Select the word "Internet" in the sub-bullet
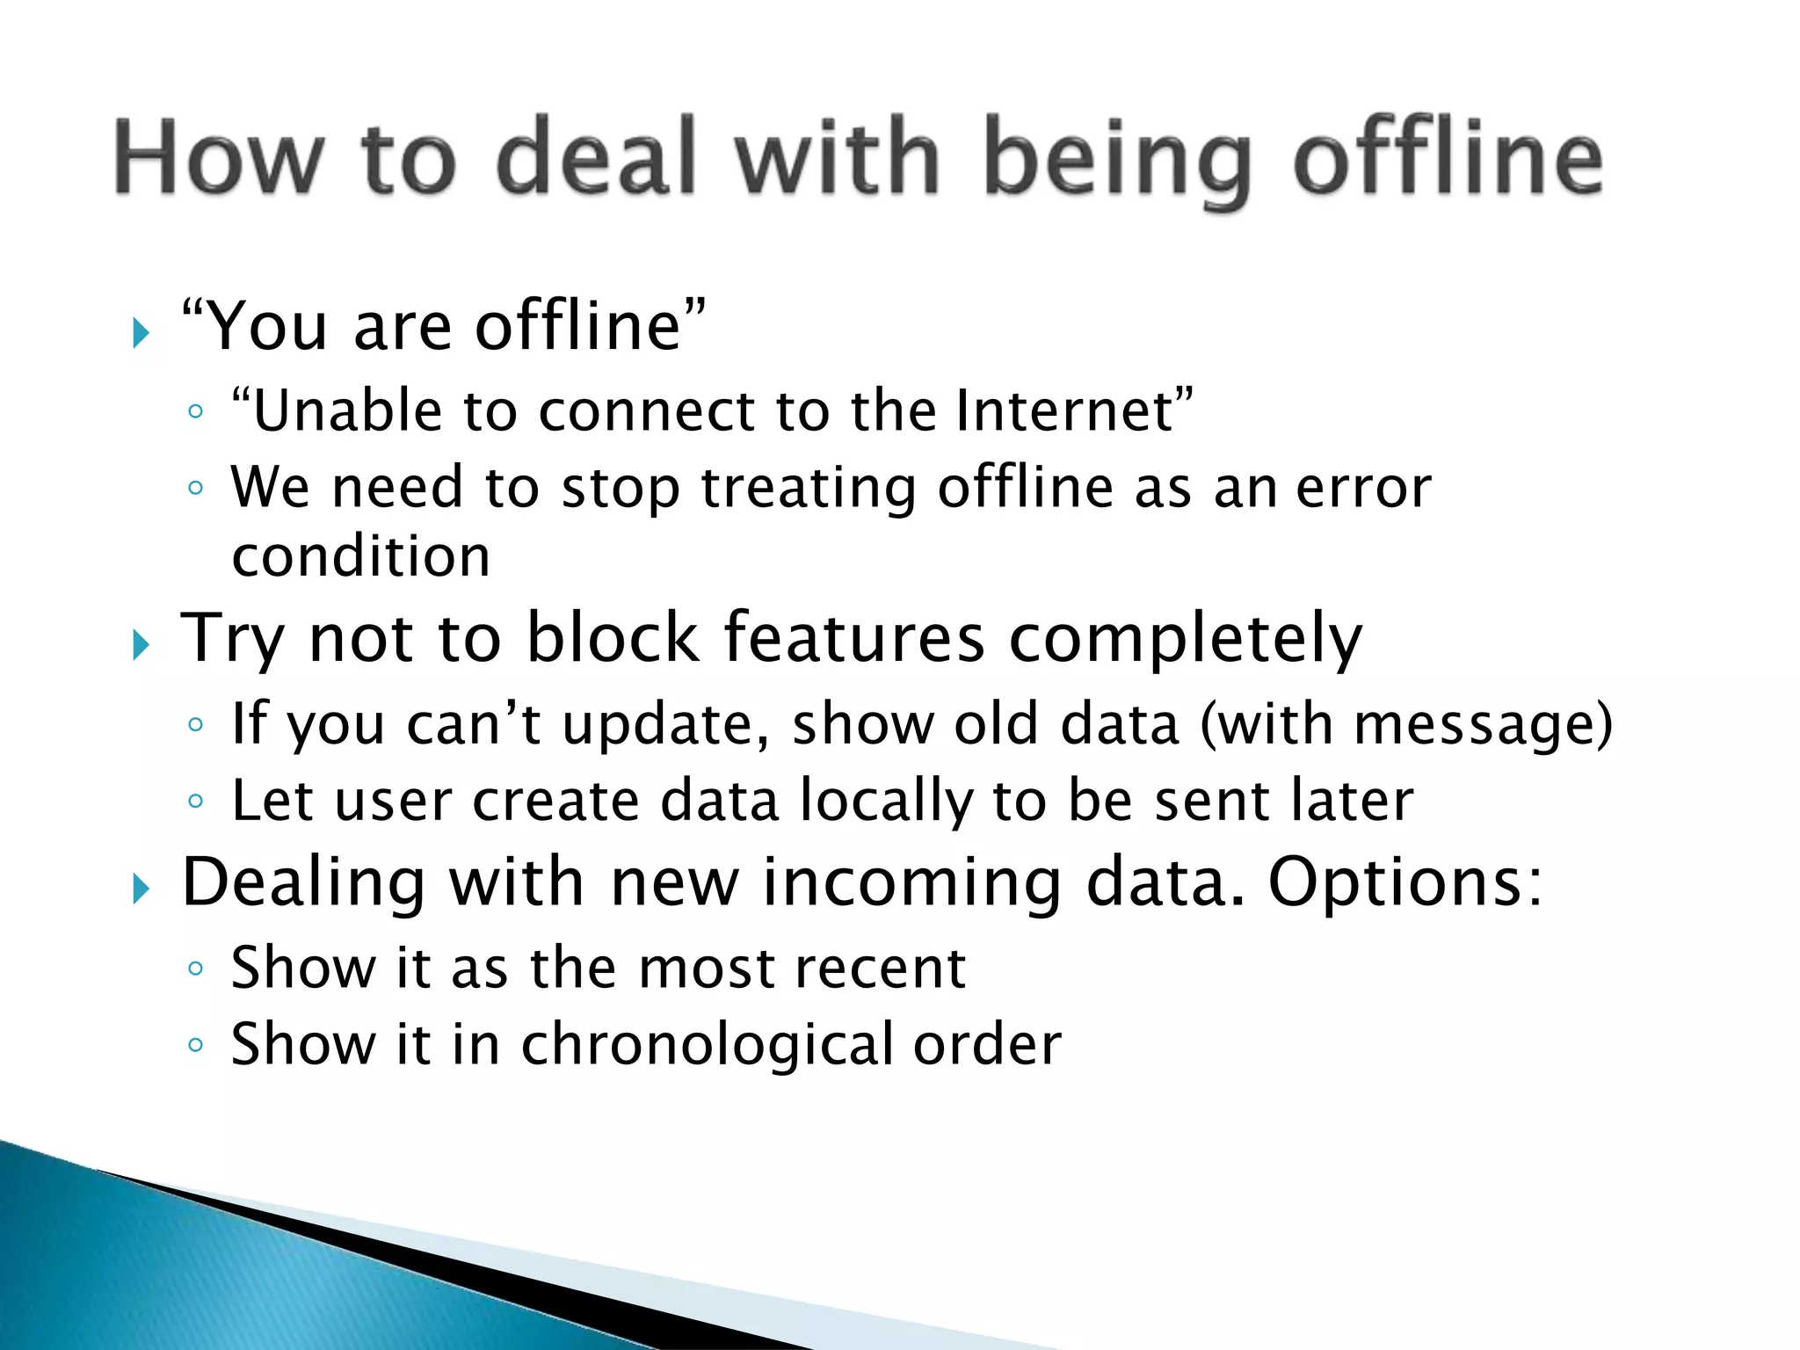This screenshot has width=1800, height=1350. [x=1065, y=410]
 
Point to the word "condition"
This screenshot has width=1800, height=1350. [x=360, y=557]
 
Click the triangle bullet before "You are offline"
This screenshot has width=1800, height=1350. [x=141, y=333]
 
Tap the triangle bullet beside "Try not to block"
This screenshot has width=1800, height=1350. [x=141, y=646]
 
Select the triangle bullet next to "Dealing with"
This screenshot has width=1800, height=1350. [x=141, y=889]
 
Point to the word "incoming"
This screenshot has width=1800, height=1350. [x=911, y=883]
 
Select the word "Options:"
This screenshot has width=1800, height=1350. [x=1404, y=883]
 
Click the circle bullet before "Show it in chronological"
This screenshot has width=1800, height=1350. [x=195, y=1045]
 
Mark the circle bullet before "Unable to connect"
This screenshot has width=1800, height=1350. [x=195, y=411]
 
